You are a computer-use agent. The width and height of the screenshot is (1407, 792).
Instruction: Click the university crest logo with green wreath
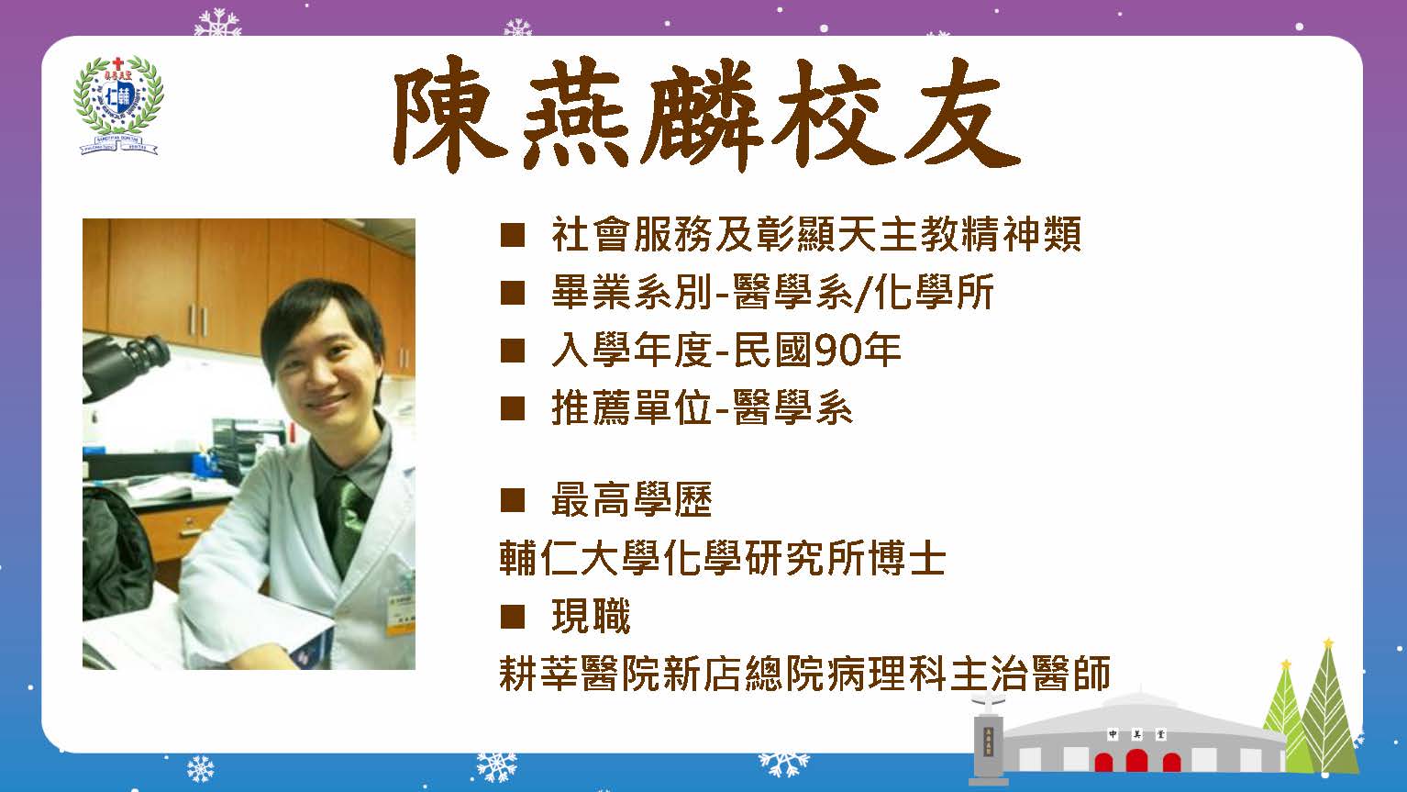pos(118,106)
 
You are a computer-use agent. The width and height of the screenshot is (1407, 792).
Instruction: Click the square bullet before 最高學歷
pos(513,500)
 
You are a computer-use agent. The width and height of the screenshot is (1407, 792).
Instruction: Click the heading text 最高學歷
pos(632,500)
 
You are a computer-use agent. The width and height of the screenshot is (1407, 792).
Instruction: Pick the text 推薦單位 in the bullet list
pos(632,408)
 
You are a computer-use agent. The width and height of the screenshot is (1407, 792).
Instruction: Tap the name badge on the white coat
pos(401,614)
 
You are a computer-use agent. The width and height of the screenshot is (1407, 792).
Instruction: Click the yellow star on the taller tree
pos(1328,643)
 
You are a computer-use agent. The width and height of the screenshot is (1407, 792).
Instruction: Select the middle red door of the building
pos(1136,761)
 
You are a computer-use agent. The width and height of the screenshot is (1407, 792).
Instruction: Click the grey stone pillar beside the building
pos(988,745)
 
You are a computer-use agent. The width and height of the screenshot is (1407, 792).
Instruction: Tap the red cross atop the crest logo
pos(116,63)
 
